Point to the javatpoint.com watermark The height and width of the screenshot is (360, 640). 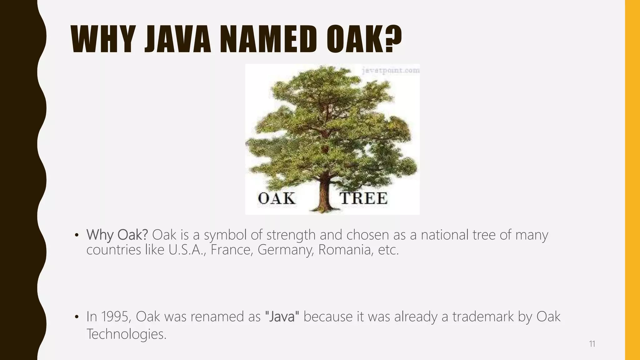pyautogui.click(x=391, y=71)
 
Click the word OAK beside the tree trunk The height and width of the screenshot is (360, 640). pyautogui.click(x=277, y=198)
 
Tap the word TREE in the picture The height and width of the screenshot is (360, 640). pyautogui.click(x=363, y=198)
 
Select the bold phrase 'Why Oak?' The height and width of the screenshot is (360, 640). pyautogui.click(x=117, y=235)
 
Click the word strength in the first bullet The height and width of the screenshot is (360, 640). pyautogui.click(x=291, y=235)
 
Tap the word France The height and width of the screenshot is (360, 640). pyautogui.click(x=231, y=250)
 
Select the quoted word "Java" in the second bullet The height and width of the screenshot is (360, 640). pyautogui.click(x=282, y=317)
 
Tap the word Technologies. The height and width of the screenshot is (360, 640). pyautogui.click(x=126, y=334)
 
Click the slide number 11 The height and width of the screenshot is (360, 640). pyautogui.click(x=592, y=344)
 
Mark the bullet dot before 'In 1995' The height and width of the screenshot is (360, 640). pyautogui.click(x=77, y=317)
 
